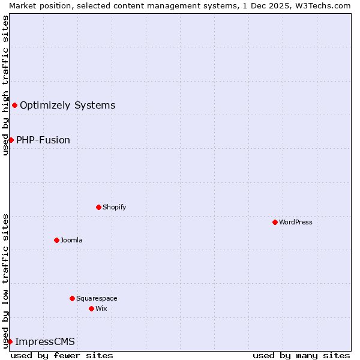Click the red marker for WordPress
(275, 222)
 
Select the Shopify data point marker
(98, 207)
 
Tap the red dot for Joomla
(56, 240)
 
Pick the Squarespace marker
(72, 298)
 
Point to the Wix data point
(91, 308)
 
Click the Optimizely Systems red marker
(14, 106)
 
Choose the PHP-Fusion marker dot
(11, 140)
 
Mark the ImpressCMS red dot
(10, 341)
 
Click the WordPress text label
(296, 222)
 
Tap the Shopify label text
(114, 207)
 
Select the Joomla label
(71, 240)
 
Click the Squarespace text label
(97, 298)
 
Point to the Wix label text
(101, 308)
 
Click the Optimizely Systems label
(67, 106)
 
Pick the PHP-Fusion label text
(43, 140)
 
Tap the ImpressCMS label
(45, 342)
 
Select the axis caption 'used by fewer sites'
(62, 355)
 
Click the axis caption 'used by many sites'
(301, 355)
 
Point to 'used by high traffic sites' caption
(5, 85)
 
